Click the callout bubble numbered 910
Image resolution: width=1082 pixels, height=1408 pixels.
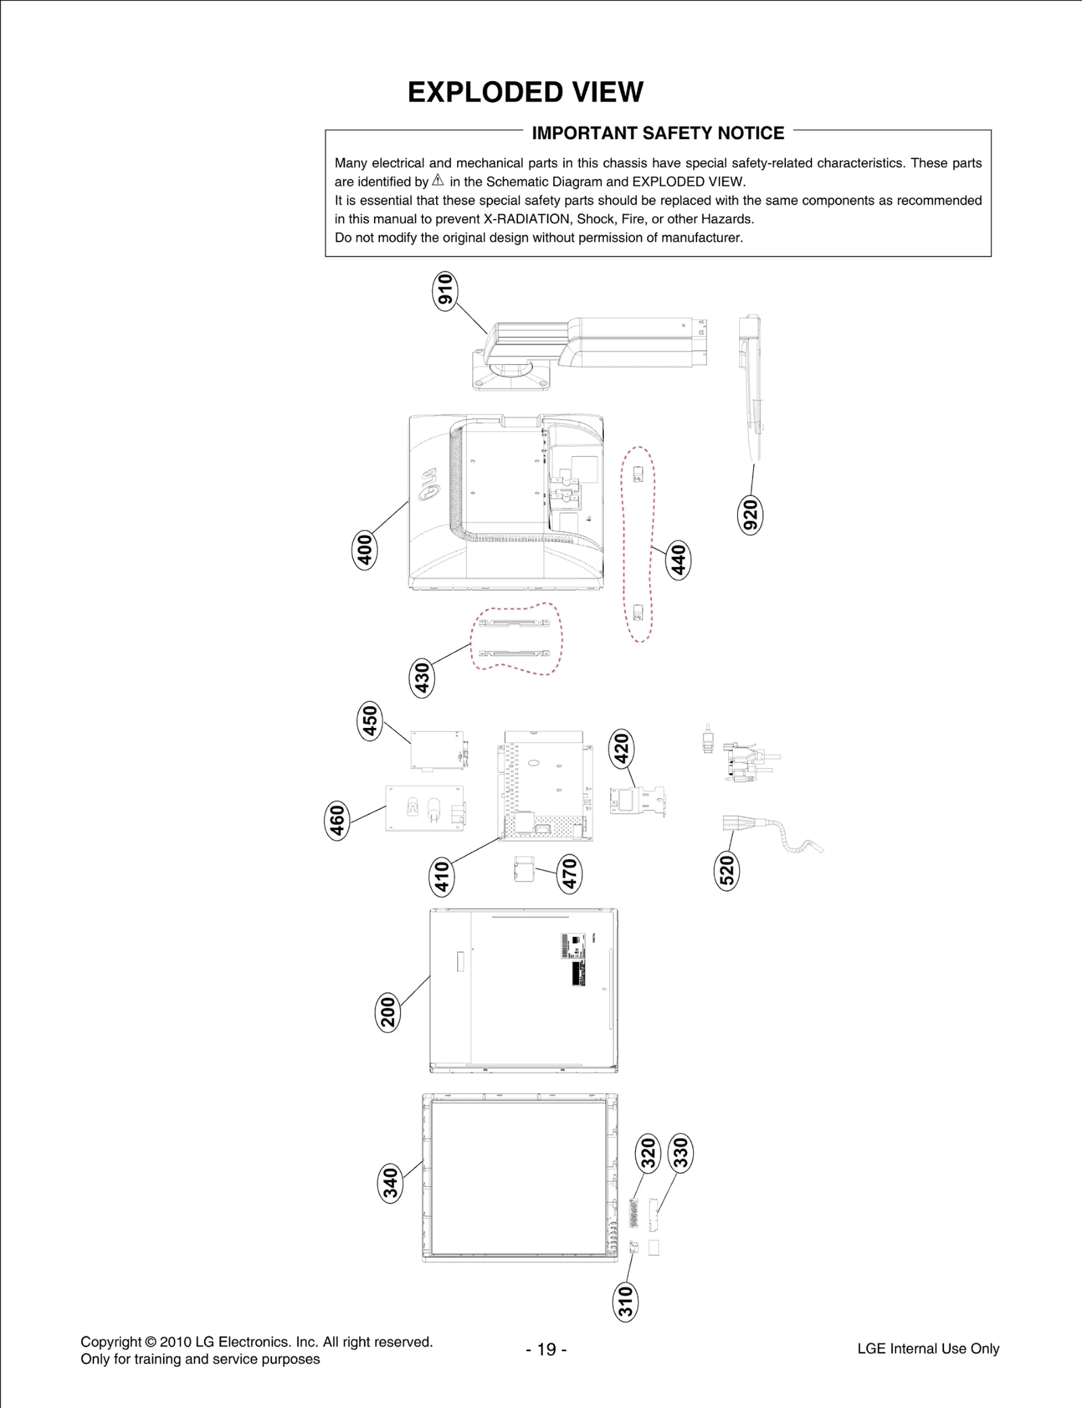coord(445,291)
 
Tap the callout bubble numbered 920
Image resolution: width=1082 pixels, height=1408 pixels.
coord(749,514)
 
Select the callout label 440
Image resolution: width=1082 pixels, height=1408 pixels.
coord(678,560)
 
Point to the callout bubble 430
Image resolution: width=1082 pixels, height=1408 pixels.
coord(422,678)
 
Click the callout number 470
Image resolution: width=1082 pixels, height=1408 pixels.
coord(570,873)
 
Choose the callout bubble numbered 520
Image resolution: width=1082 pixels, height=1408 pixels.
coord(727,871)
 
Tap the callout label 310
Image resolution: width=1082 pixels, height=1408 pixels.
coord(626,1302)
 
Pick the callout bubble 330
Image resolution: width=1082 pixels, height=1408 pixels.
coord(680,1152)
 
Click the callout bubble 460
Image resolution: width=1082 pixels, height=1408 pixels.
coord(337,820)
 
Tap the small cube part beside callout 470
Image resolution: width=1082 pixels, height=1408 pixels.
coord(524,869)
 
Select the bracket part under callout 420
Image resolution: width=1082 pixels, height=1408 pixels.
coord(636,802)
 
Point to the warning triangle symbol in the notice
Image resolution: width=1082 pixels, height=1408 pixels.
coord(438,180)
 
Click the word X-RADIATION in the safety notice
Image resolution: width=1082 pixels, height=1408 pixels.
coord(526,219)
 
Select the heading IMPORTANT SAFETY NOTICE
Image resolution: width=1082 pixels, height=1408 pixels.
coord(658,133)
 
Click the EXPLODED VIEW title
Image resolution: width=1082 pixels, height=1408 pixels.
coord(525,92)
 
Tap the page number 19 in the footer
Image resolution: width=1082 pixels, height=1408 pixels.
coord(546,1349)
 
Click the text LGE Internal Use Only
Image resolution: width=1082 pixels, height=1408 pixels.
coord(928,1349)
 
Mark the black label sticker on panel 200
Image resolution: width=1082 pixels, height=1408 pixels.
coord(578,973)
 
